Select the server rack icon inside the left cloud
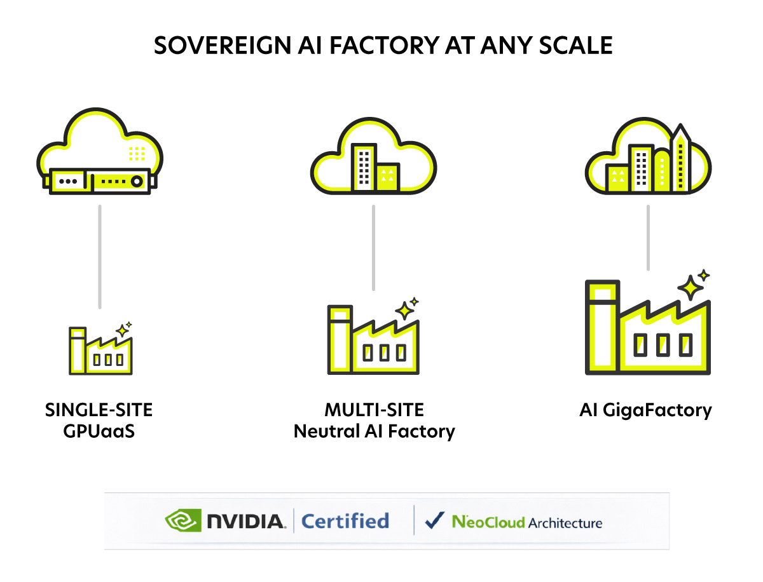(x=100, y=181)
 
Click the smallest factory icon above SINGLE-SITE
(x=101, y=351)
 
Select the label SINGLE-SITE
(x=99, y=410)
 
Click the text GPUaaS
(x=99, y=431)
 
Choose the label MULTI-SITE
(x=374, y=410)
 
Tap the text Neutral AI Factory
(x=374, y=432)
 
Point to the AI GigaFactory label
(x=645, y=410)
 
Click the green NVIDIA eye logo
(x=183, y=522)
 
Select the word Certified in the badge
(x=345, y=522)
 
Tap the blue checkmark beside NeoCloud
(x=435, y=521)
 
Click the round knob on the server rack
(x=135, y=182)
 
